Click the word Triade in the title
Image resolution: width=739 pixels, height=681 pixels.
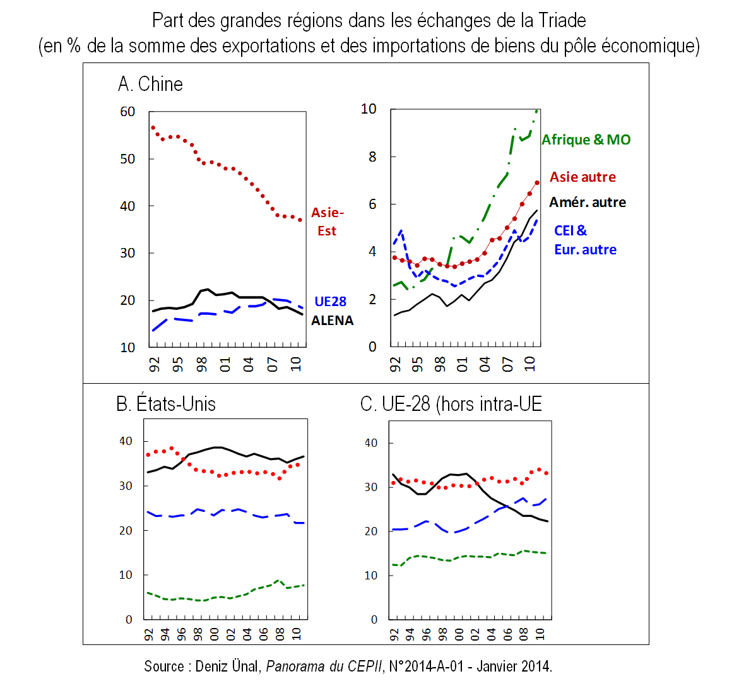[x=562, y=21]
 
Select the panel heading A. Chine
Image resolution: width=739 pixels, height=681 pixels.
[x=150, y=84]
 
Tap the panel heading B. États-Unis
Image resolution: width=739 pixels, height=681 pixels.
[x=166, y=404]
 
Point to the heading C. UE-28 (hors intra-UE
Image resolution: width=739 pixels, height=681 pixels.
[x=451, y=404]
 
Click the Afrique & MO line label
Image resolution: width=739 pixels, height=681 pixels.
[x=586, y=140]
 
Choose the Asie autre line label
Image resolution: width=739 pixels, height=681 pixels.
[x=582, y=177]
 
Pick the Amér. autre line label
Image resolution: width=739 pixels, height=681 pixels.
[x=588, y=203]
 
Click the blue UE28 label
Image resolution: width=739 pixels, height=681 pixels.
[x=331, y=302]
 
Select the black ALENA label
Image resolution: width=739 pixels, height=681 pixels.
[x=333, y=321]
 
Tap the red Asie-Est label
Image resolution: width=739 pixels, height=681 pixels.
[x=327, y=222]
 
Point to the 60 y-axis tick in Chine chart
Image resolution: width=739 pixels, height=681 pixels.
[x=127, y=112]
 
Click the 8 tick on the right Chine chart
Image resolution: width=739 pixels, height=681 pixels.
[x=372, y=157]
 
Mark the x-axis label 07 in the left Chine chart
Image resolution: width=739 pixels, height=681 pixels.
[x=272, y=364]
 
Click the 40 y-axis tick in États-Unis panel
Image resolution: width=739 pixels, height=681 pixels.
[x=126, y=441]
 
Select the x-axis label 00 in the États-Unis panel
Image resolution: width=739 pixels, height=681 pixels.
[x=214, y=633]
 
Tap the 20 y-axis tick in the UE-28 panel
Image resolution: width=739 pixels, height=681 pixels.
[x=371, y=531]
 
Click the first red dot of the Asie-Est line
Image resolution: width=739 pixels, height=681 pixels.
[x=153, y=128]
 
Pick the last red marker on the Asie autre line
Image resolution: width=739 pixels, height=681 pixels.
[x=537, y=183]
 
